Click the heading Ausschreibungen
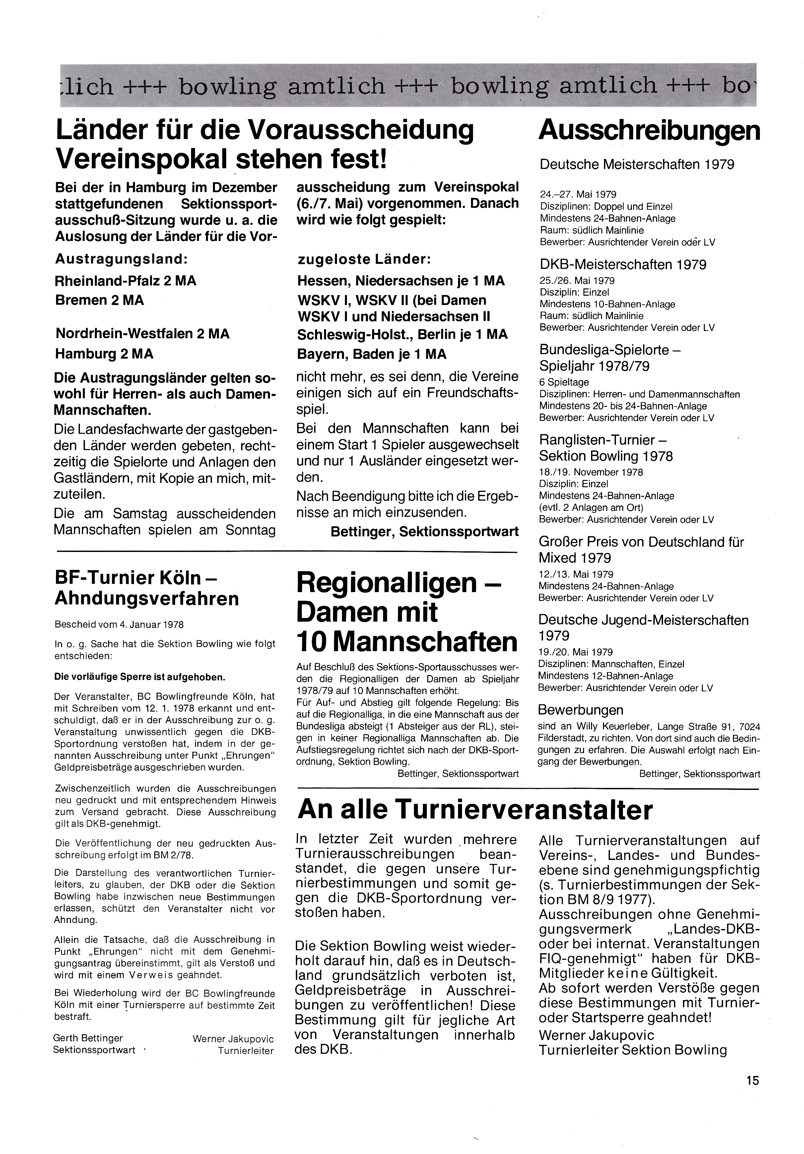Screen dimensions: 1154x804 tap(649, 131)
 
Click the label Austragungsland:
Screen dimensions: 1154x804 tap(121, 259)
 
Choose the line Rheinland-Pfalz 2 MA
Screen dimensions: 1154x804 tap(126, 280)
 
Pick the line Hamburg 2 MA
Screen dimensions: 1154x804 tap(104, 354)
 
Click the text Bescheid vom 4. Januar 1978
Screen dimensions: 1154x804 tap(119, 625)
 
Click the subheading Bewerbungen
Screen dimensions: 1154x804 tap(580, 710)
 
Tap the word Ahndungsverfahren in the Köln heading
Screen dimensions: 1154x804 tap(147, 599)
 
